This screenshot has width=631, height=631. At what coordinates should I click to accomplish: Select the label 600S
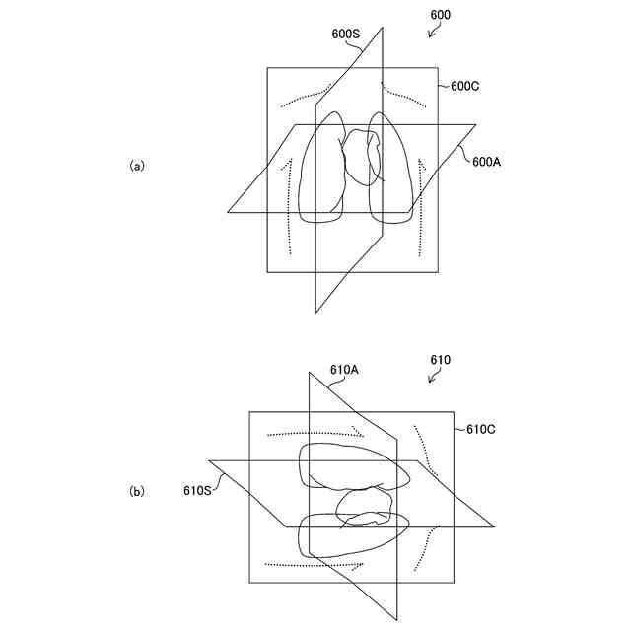[x=346, y=33]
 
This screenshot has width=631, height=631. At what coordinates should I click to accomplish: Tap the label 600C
[x=464, y=86]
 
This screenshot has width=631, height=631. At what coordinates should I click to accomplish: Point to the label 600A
[x=487, y=162]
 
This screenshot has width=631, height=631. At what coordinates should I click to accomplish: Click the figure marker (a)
[x=137, y=166]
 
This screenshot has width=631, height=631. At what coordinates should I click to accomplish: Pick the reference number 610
[x=440, y=360]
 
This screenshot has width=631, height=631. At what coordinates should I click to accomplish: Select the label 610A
[x=344, y=370]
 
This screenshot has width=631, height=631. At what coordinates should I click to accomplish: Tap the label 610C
[x=480, y=429]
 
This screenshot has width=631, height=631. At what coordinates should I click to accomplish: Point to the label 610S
[x=197, y=488]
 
